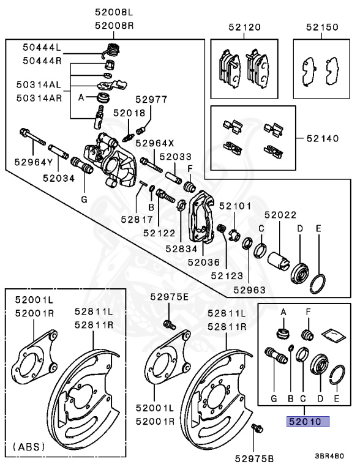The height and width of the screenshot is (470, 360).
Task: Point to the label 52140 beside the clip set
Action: point(322,139)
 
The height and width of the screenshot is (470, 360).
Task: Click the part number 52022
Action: point(280,215)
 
